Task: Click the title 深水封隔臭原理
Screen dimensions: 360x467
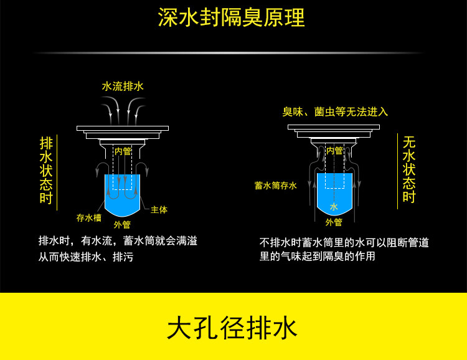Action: coord(232,18)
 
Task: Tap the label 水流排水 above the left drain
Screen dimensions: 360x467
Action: coord(123,87)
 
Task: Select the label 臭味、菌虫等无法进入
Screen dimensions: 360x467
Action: coord(335,112)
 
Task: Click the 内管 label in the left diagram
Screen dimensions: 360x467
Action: coord(123,151)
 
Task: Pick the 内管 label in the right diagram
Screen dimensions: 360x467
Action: coord(334,150)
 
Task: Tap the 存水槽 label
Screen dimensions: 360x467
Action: coord(89,217)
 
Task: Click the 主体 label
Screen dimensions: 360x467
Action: coord(159,210)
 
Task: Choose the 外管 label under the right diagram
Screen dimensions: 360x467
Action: coord(334,222)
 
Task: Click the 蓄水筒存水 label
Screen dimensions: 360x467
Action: coord(276,186)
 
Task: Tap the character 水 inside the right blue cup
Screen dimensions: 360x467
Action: coord(334,207)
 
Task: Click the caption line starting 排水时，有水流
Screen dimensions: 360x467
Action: coord(118,240)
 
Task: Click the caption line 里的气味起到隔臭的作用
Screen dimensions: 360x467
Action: coord(318,256)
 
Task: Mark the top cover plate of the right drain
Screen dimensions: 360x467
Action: coord(334,127)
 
